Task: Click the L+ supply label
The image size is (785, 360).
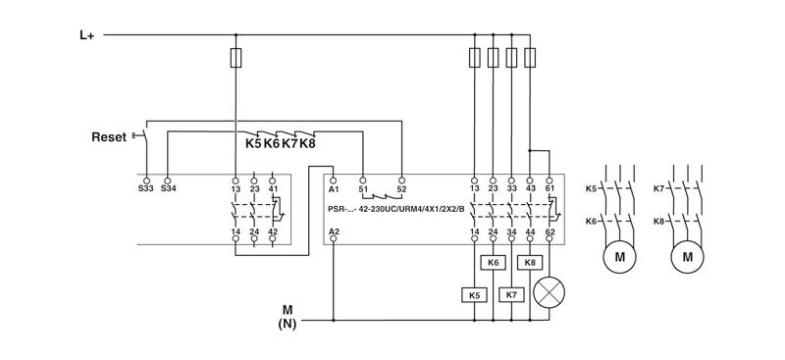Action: tap(86, 34)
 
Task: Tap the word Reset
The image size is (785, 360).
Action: tap(109, 137)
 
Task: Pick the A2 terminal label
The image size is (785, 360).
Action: tap(335, 231)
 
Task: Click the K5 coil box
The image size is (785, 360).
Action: tap(475, 293)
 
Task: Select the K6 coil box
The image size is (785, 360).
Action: tap(494, 263)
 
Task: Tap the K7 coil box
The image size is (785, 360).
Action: tap(511, 293)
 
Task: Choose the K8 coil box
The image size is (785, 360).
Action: tap(531, 263)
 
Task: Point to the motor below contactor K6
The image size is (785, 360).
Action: tap(619, 257)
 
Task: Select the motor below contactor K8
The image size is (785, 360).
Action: tap(687, 257)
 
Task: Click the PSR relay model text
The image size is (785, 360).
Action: tap(396, 208)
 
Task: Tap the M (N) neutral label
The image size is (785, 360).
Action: tap(287, 314)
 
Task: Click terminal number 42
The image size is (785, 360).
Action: tap(273, 231)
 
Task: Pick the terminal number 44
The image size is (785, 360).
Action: tap(531, 231)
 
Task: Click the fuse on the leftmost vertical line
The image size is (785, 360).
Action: tap(236, 58)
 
